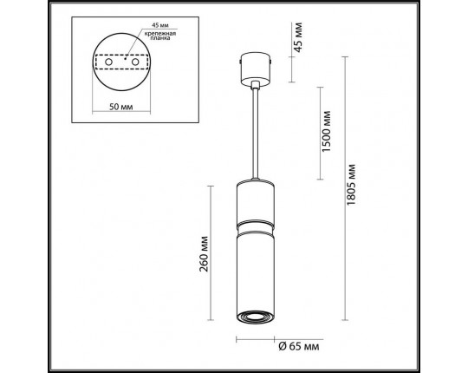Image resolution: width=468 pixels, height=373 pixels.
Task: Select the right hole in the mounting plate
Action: pos(136,62)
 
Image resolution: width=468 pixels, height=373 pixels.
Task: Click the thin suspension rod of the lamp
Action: pos(255,130)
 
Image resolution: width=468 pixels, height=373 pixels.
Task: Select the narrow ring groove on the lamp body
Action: pos(255,225)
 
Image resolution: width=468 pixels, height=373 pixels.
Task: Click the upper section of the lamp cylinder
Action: pos(255,201)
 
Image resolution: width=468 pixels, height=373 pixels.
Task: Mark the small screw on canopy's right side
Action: pos(272,62)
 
